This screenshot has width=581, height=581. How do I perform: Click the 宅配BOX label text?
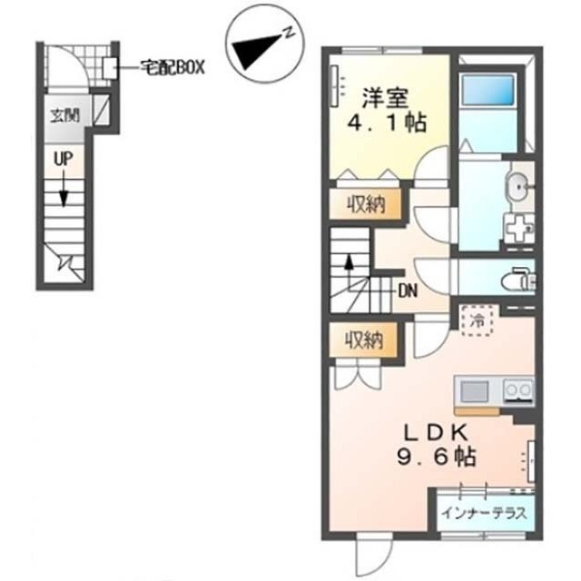pyautogui.click(x=172, y=67)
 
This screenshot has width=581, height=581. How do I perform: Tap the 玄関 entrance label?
pyautogui.click(x=64, y=115)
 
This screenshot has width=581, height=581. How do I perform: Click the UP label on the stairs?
pyautogui.click(x=64, y=159)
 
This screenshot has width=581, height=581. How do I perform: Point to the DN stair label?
pyautogui.click(x=408, y=291)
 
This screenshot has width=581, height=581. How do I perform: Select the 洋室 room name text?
pyautogui.click(x=385, y=98)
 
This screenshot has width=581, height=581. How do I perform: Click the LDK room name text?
pyautogui.click(x=436, y=432)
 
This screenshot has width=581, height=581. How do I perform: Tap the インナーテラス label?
pyautogui.click(x=484, y=513)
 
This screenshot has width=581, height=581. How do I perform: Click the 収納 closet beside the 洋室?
pyautogui.click(x=366, y=204)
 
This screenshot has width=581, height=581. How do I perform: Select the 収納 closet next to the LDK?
pyautogui.click(x=364, y=340)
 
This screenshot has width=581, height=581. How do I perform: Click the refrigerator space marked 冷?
pyautogui.click(x=478, y=320)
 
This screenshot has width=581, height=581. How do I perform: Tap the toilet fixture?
pyautogui.click(x=517, y=281)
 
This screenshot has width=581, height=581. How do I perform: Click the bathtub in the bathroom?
pyautogui.click(x=487, y=89)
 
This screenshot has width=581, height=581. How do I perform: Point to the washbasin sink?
pyautogui.click(x=518, y=189)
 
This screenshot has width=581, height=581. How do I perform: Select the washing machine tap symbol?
pyautogui.click(x=518, y=228)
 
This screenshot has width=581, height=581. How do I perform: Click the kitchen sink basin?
pyautogui.click(x=474, y=391)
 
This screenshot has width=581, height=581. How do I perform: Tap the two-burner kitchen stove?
pyautogui.click(x=518, y=390)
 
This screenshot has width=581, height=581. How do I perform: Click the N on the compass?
pyautogui.click(x=289, y=33)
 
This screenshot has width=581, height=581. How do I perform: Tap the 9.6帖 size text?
pyautogui.click(x=437, y=457)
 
